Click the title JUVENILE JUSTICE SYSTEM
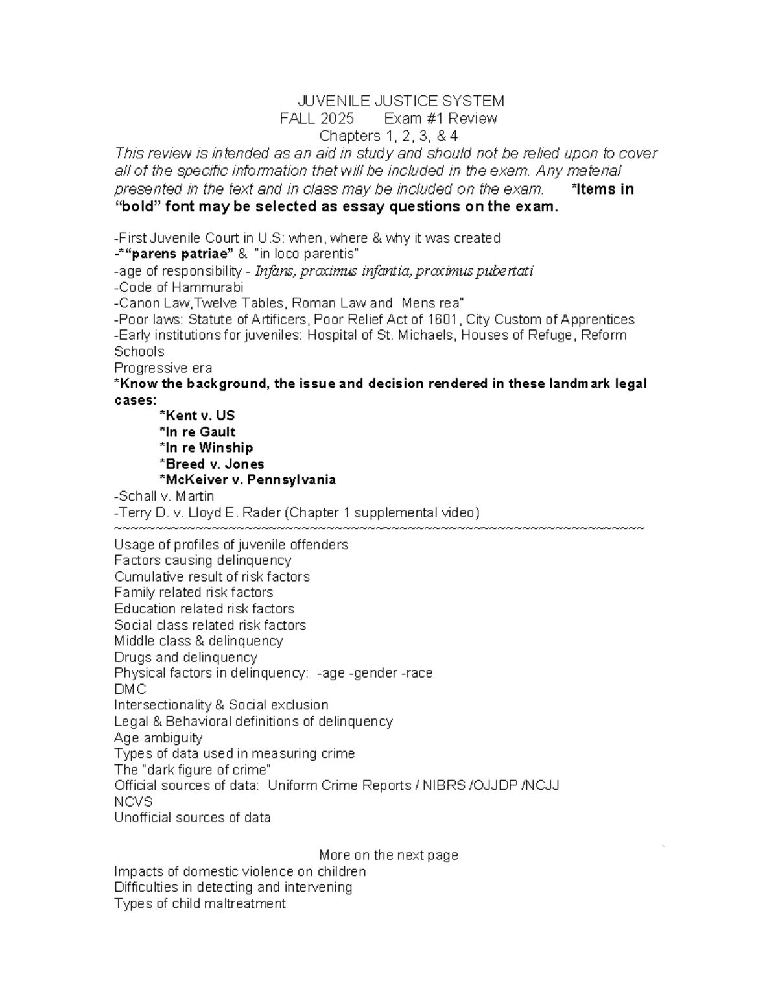[x=400, y=101]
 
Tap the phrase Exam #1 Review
[x=440, y=119]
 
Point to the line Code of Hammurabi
[x=178, y=287]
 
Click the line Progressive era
[x=163, y=368]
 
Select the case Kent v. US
[x=197, y=416]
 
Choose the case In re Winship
[x=206, y=448]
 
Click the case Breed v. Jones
[x=211, y=464]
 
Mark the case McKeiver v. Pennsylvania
[x=247, y=480]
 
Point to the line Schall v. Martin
[x=164, y=496]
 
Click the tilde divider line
[x=379, y=528]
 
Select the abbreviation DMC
[x=130, y=689]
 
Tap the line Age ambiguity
[x=158, y=738]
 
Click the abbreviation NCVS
[x=134, y=802]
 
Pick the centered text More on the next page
[x=388, y=855]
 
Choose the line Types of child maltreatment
[x=200, y=904]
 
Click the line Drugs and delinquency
[x=185, y=658]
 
